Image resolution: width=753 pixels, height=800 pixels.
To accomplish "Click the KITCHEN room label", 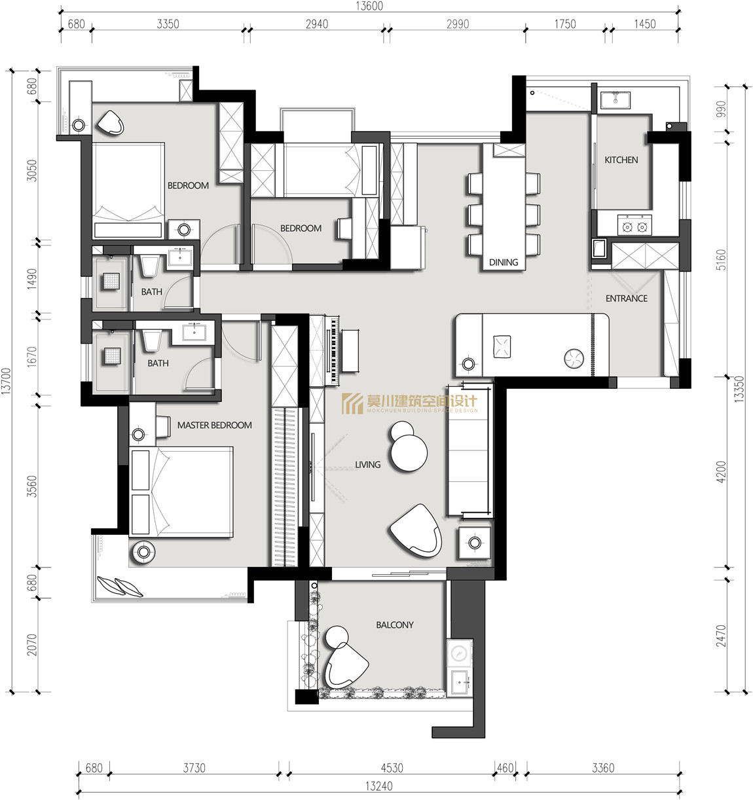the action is click(621, 160).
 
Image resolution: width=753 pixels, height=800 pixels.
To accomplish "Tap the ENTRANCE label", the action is click(627, 299).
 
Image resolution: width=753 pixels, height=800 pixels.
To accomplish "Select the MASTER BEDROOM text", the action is click(214, 425).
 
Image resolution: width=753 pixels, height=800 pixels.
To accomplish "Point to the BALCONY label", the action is click(395, 625).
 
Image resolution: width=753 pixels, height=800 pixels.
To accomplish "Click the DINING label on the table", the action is click(504, 263).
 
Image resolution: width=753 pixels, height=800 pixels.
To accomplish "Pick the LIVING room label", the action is click(367, 464).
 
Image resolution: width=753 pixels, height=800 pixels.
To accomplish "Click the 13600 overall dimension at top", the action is click(369, 7).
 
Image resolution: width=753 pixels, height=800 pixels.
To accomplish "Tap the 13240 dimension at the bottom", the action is click(378, 786).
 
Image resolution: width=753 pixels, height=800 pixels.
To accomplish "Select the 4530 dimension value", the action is click(392, 768).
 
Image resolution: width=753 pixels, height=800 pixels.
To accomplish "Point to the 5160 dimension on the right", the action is click(721, 260).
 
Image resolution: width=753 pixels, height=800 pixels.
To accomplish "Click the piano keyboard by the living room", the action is click(333, 350).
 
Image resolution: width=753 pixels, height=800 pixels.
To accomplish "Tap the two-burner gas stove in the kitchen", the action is click(634, 225).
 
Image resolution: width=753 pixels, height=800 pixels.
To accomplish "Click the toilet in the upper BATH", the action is click(149, 264).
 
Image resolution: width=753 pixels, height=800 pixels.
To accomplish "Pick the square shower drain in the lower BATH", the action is click(111, 355).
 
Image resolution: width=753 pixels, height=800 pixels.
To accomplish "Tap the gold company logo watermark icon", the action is click(352, 404).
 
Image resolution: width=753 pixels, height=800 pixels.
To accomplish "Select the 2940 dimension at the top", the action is click(317, 24).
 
